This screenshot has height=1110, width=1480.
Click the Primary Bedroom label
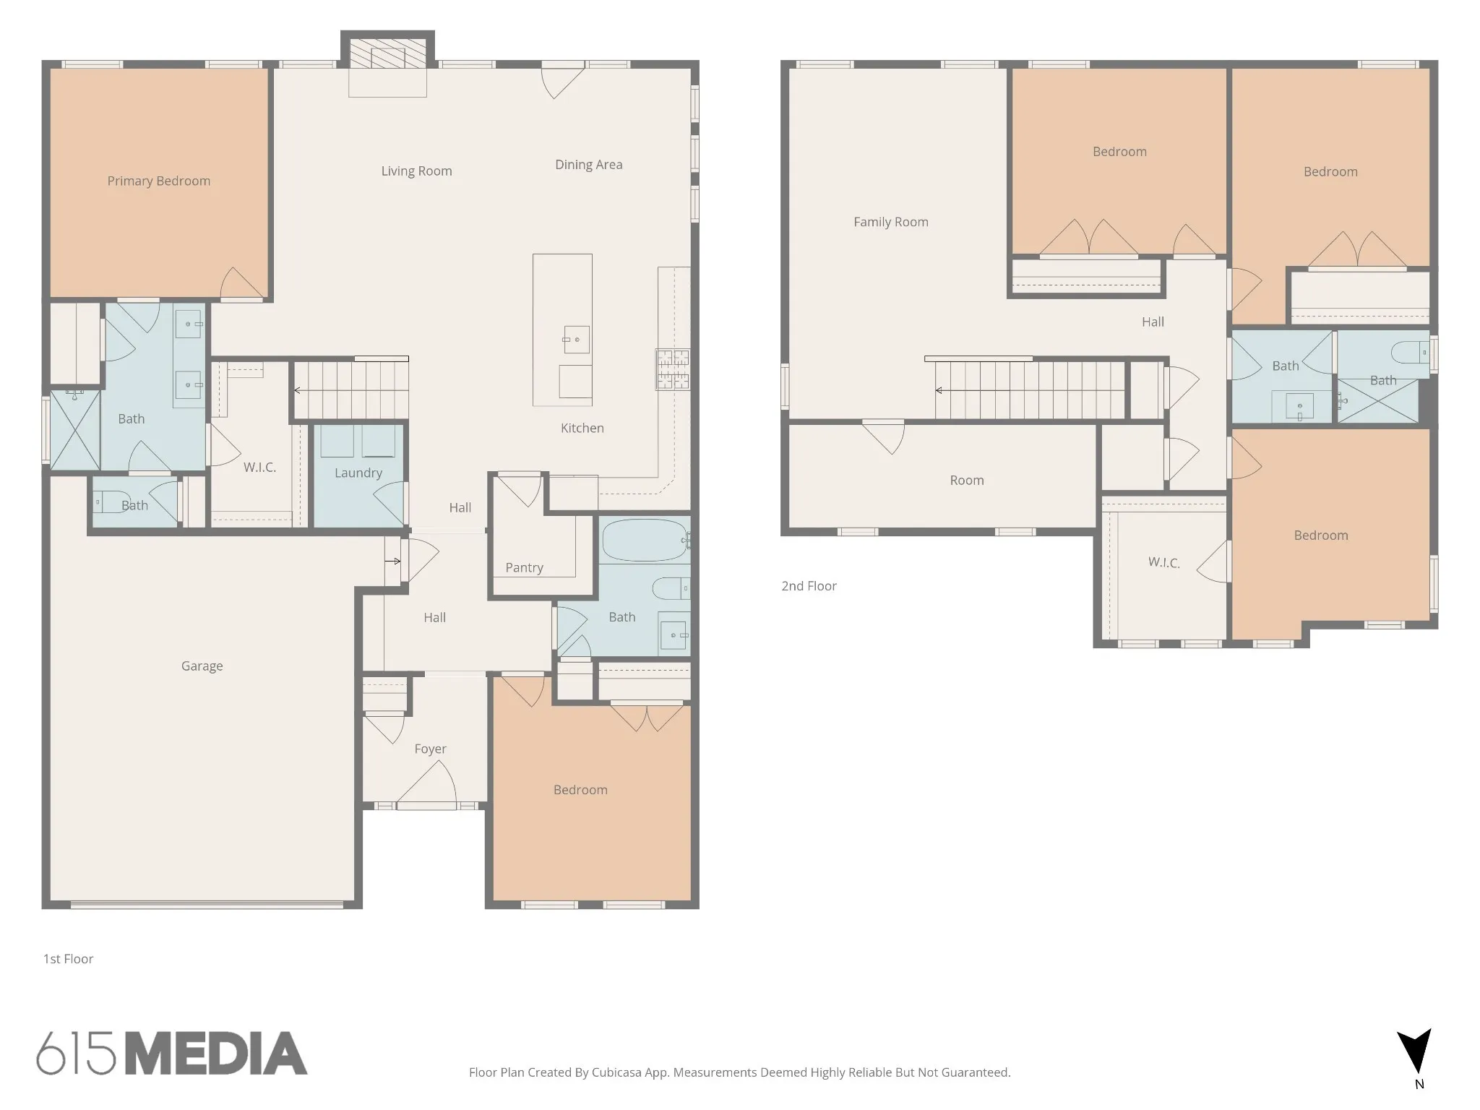[159, 181]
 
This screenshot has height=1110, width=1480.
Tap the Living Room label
[417, 171]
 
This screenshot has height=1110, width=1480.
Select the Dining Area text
[589, 165]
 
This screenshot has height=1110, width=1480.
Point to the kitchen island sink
[576, 340]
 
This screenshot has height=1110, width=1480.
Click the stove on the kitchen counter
[673, 369]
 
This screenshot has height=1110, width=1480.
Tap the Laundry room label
[358, 473]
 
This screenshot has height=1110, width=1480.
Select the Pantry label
[525, 568]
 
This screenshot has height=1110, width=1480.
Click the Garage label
[202, 666]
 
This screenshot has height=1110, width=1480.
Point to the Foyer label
[431, 749]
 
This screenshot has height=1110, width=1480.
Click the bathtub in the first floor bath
[645, 541]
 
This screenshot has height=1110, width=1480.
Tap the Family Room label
[891, 222]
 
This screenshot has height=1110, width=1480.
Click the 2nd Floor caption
[809, 586]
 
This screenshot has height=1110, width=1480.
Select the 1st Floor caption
[69, 959]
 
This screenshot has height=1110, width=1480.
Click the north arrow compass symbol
[1415, 1054]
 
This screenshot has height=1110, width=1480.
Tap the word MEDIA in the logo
[216, 1053]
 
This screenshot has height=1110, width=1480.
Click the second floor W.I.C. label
[1164, 562]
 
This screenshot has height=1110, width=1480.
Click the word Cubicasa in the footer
[619, 1072]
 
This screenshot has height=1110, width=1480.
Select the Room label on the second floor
[967, 481]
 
